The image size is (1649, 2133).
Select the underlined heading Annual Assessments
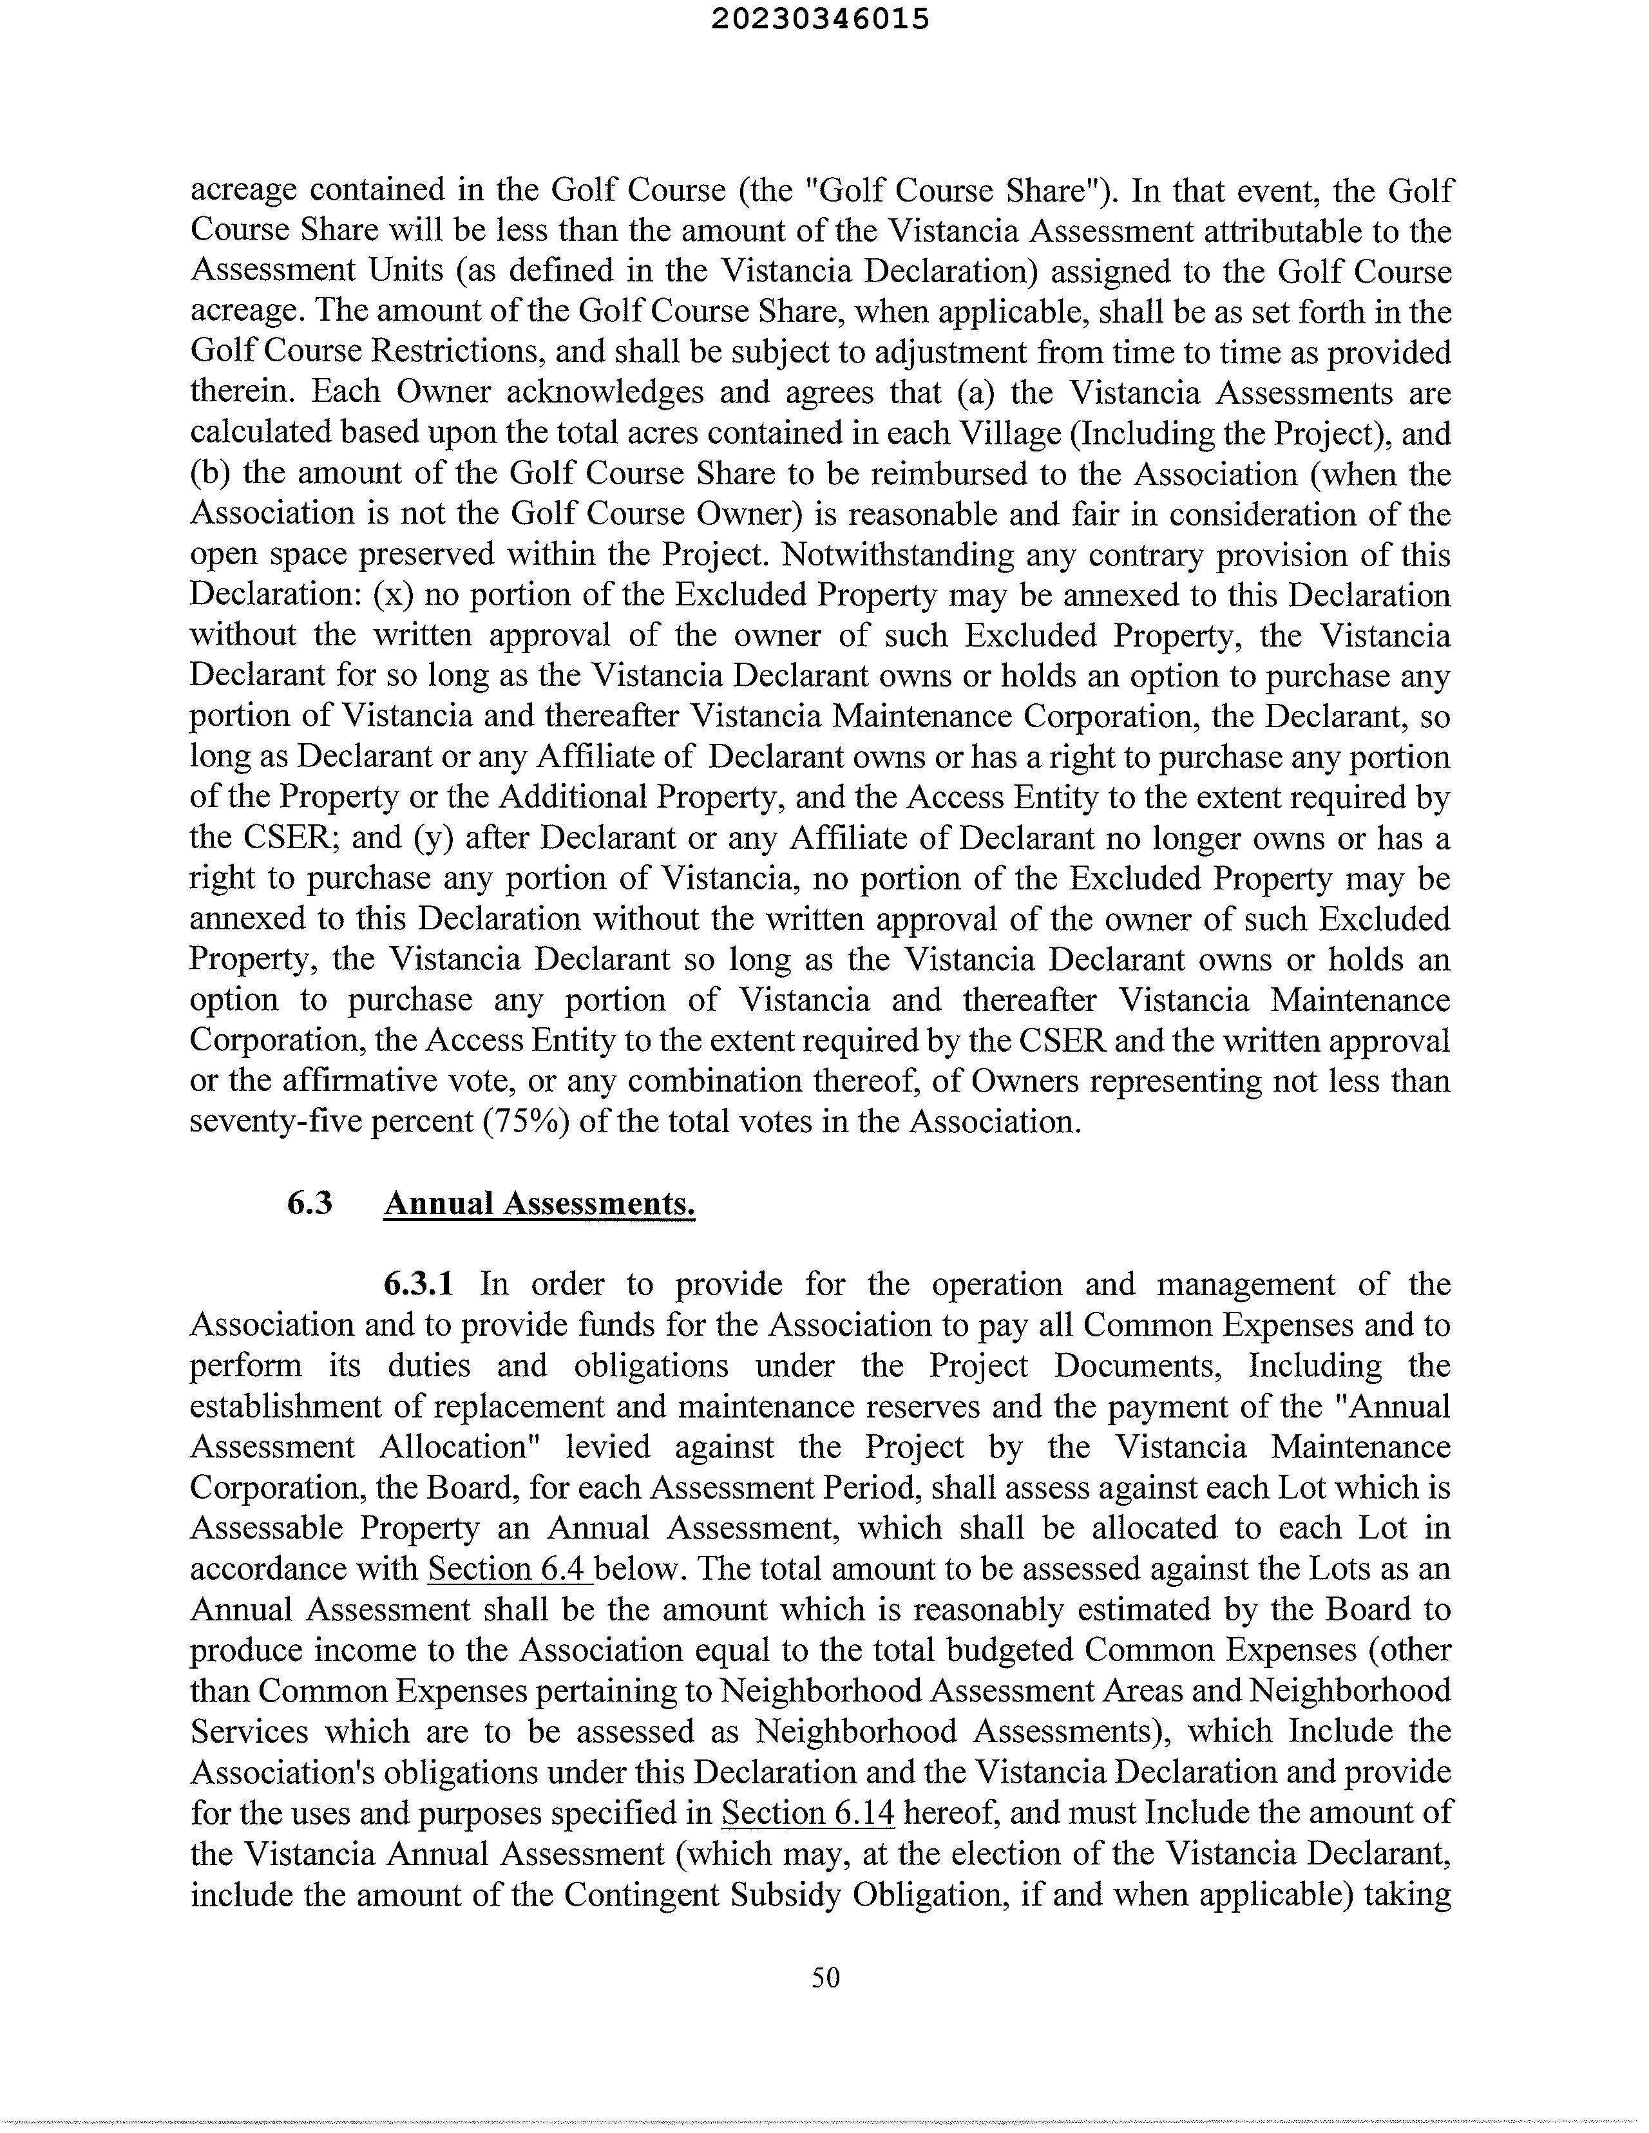539,1203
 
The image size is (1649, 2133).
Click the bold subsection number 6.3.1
418,1284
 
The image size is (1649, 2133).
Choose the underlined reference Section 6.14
808,1813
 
